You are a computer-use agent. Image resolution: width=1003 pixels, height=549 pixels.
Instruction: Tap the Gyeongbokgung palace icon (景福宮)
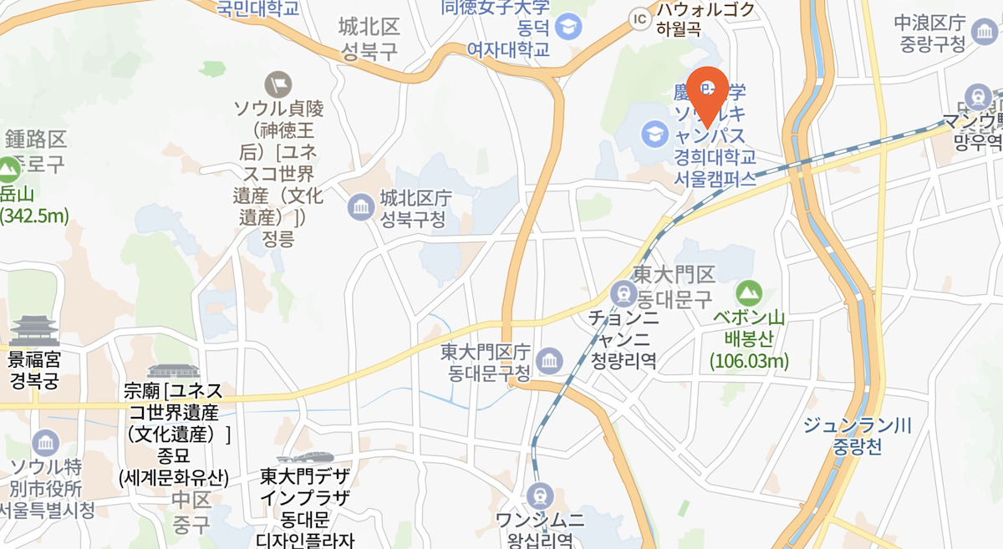click(x=34, y=331)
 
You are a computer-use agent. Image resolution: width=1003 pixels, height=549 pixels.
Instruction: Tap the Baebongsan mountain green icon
click(x=749, y=293)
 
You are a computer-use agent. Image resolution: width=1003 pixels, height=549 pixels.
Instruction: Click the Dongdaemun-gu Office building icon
click(x=548, y=360)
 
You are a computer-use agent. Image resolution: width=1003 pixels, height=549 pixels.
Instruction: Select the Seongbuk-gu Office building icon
click(x=361, y=206)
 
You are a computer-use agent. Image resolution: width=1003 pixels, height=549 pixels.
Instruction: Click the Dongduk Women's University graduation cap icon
click(x=569, y=26)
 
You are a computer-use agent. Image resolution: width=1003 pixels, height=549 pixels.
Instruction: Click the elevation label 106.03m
click(x=749, y=361)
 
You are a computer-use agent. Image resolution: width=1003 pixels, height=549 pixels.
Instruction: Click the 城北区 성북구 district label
click(x=369, y=39)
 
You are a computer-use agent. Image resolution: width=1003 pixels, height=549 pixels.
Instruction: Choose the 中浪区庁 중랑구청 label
click(x=929, y=32)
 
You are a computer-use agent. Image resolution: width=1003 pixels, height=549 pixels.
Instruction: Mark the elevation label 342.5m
click(x=34, y=216)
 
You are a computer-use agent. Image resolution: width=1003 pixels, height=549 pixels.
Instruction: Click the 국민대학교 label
click(x=257, y=8)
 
